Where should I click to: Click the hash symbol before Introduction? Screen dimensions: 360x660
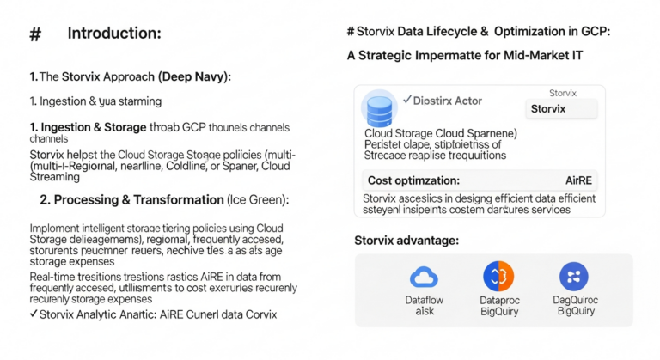(35, 34)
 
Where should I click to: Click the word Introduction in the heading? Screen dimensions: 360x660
(114, 34)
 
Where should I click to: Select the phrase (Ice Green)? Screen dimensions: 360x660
(258, 200)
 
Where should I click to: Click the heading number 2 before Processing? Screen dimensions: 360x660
(45, 200)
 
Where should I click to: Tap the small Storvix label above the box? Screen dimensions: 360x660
(564, 92)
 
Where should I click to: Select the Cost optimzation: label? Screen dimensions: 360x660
(413, 181)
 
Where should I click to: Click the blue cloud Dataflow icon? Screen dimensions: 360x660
(424, 276)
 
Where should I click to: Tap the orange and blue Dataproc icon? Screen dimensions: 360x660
(498, 276)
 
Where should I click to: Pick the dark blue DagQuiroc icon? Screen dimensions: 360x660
(573, 276)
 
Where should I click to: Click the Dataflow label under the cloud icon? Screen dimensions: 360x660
(424, 300)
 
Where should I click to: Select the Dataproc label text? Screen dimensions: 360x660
(498, 300)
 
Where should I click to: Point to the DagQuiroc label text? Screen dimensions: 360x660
(574, 300)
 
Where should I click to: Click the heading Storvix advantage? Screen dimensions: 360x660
(407, 240)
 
